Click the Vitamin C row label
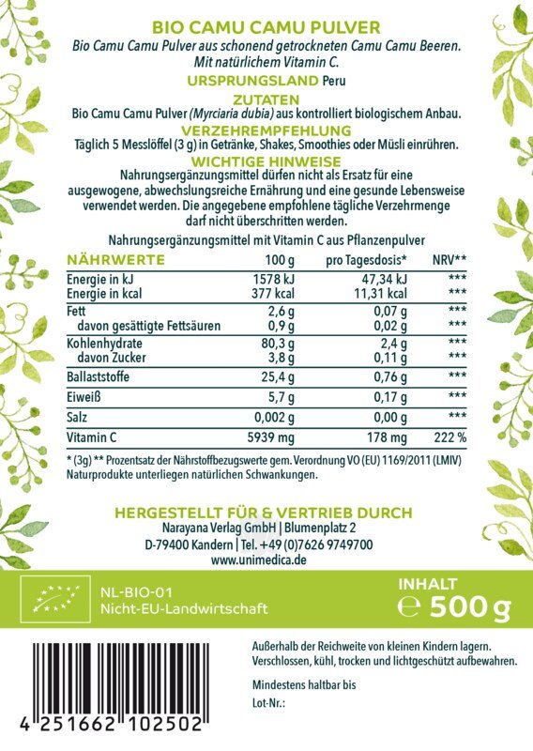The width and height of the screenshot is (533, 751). [x=92, y=437]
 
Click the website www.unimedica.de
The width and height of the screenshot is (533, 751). [x=261, y=559]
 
